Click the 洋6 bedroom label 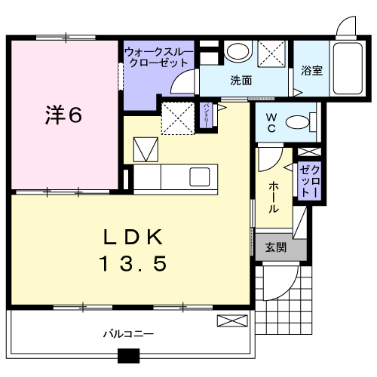pyautogui.click(x=63, y=115)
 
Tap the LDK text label pyautogui.click(x=133, y=237)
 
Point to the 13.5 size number pyautogui.click(x=133, y=263)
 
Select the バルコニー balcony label pyautogui.click(x=128, y=334)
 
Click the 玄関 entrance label pyautogui.click(x=276, y=247)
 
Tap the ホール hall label pyautogui.click(x=274, y=198)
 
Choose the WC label pyautogui.click(x=271, y=123)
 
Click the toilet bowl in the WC pyautogui.click(x=298, y=122)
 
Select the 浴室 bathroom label pyautogui.click(x=311, y=71)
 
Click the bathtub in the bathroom pyautogui.click(x=348, y=69)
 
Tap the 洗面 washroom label pyautogui.click(x=241, y=81)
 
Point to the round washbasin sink pyautogui.click(x=238, y=51)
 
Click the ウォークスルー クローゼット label pyautogui.click(x=158, y=57)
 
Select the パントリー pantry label pyautogui.click(x=207, y=115)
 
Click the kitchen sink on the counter pyautogui.click(x=200, y=176)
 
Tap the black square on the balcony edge pyautogui.click(x=128, y=356)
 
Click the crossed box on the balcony pyautogui.click(x=232, y=320)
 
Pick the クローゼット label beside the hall pyautogui.click(x=310, y=181)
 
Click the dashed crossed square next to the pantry pyautogui.click(x=178, y=118)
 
